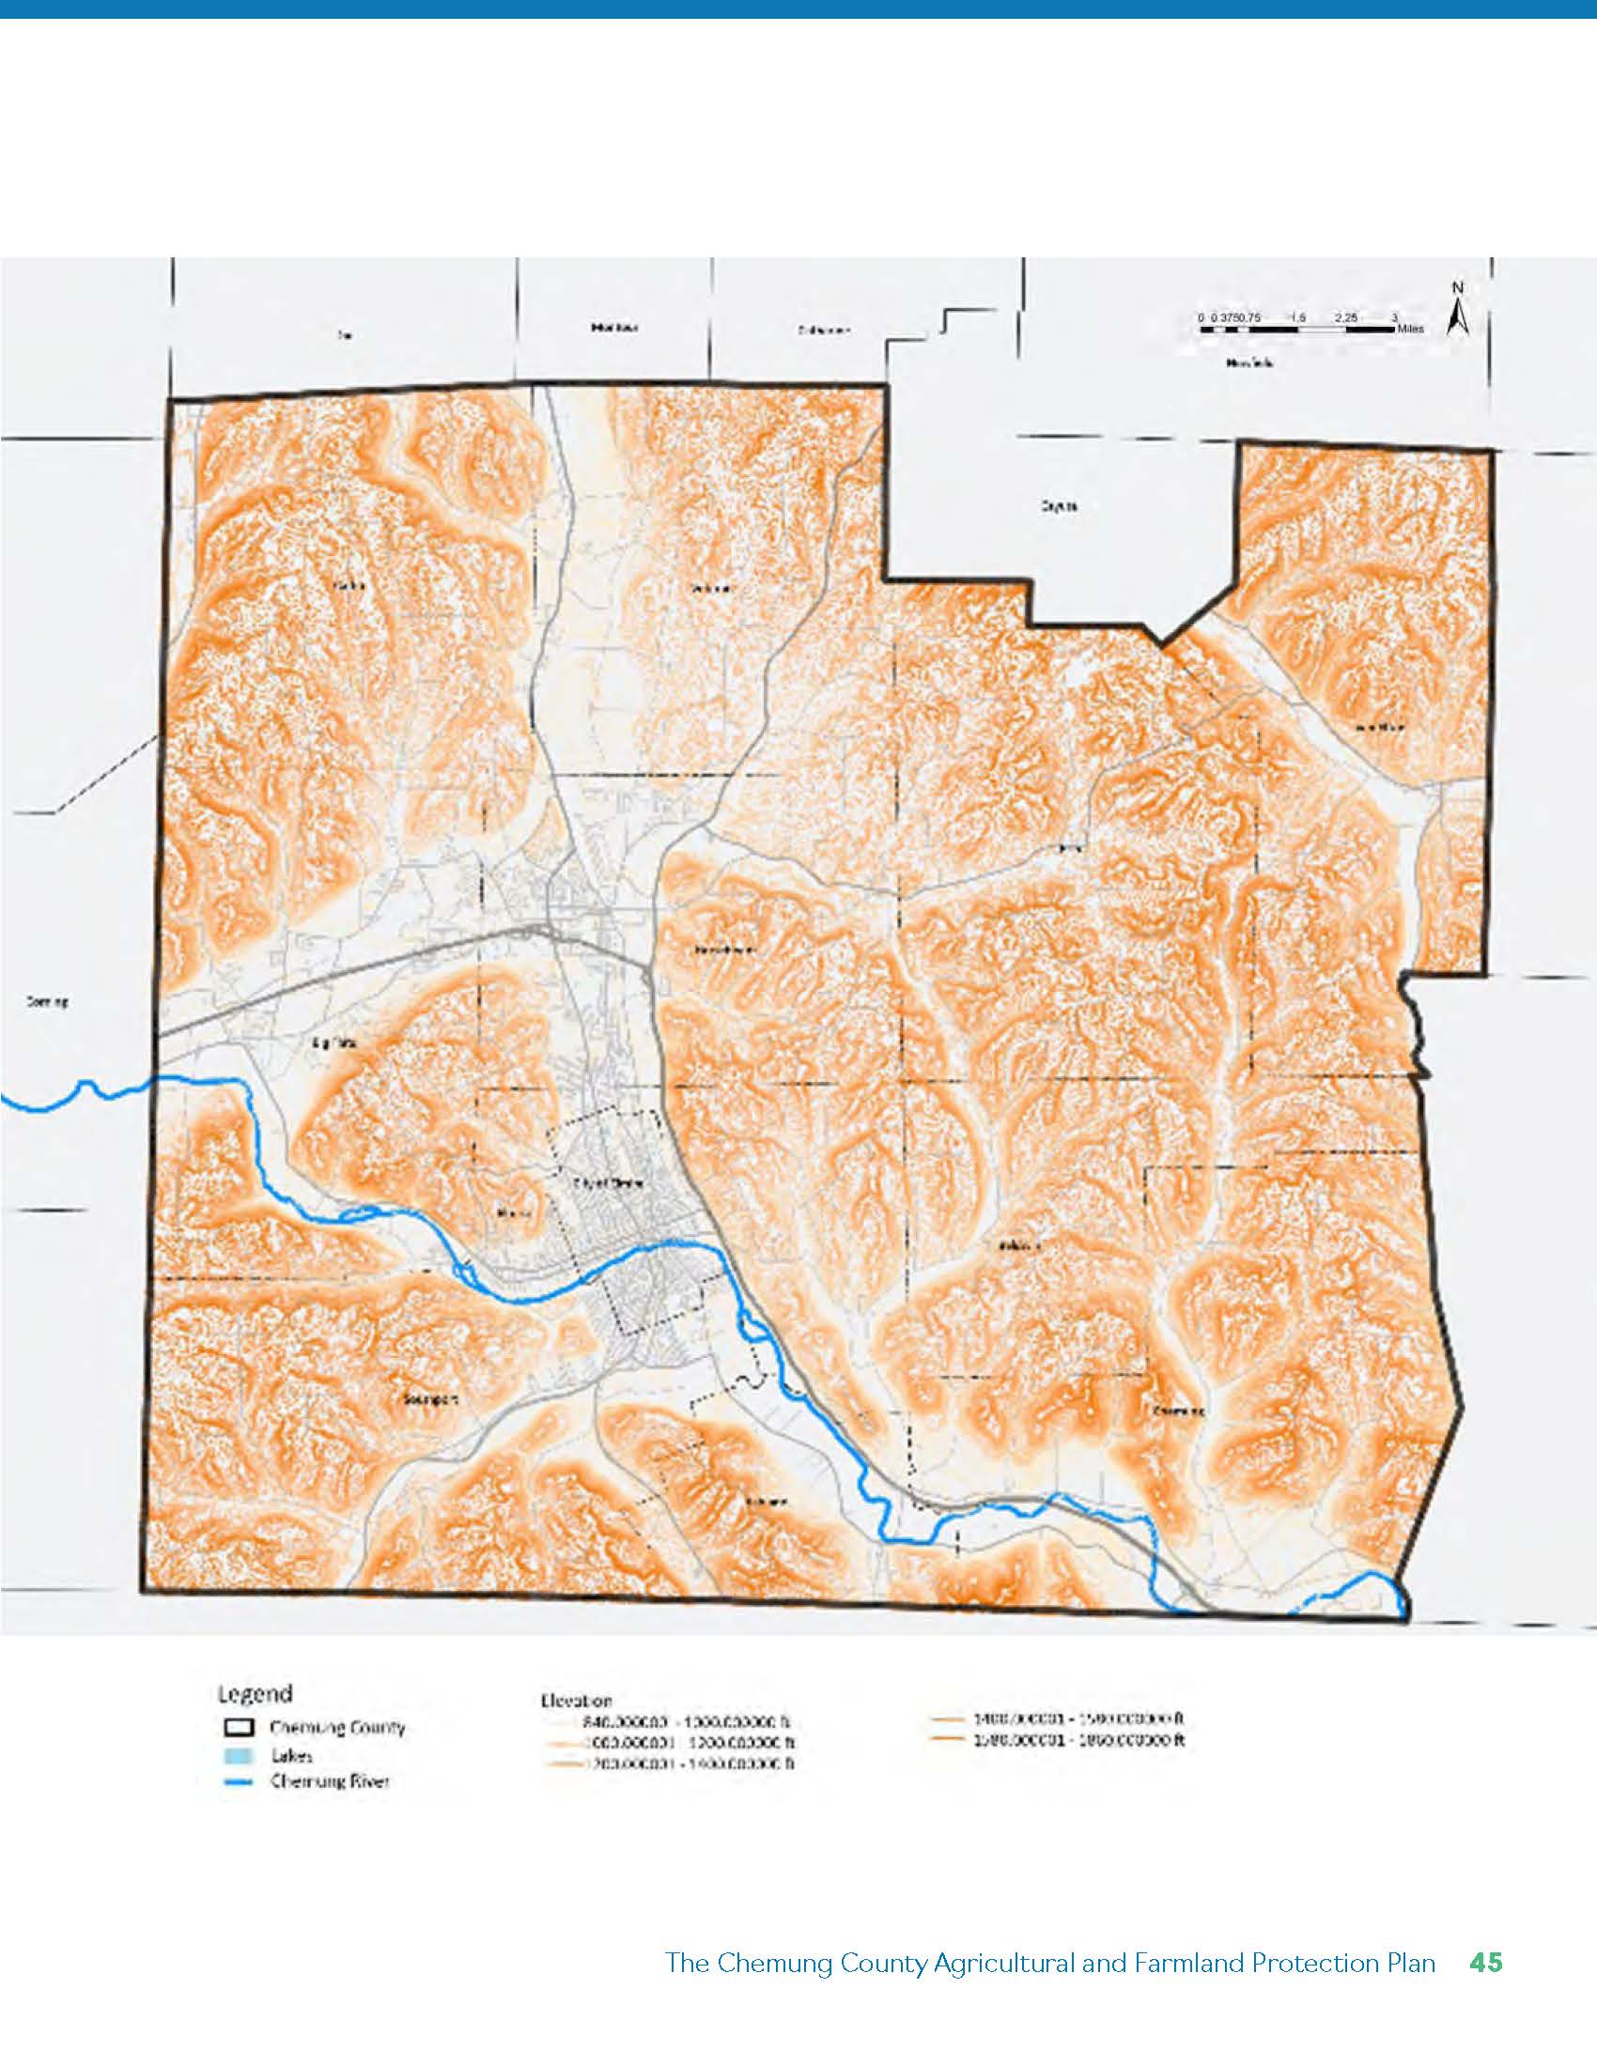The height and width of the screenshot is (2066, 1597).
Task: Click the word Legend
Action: click(255, 1692)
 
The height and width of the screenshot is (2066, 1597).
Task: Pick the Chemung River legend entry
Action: click(329, 1782)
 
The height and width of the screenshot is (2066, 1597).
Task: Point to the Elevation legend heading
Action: click(575, 1700)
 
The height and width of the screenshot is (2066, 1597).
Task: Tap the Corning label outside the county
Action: click(46, 1003)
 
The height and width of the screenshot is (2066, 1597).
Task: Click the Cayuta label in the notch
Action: click(1058, 507)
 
